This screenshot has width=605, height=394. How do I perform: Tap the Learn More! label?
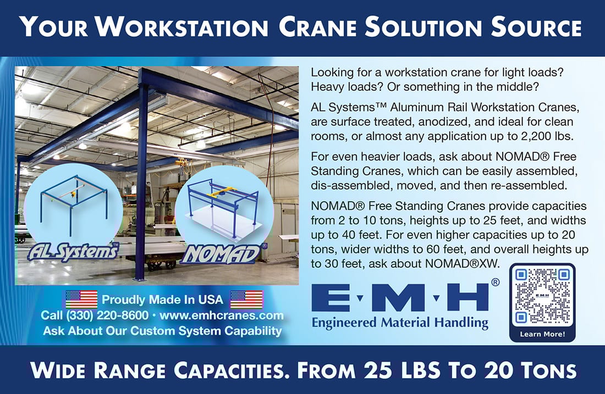(x=542, y=334)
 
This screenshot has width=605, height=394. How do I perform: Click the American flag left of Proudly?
(x=81, y=299)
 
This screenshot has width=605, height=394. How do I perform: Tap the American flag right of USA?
(x=246, y=299)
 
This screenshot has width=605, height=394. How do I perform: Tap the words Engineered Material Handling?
(x=400, y=322)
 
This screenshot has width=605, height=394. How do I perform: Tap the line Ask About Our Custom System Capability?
(x=162, y=331)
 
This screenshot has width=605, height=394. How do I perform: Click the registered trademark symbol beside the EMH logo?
(x=495, y=282)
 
